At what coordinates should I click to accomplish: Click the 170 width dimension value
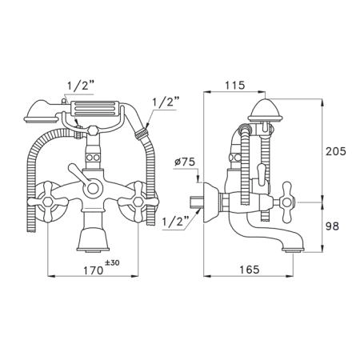click(x=94, y=270)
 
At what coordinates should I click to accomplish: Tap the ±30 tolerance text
click(x=112, y=262)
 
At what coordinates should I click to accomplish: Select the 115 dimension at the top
click(x=234, y=86)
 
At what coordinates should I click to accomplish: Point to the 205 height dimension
click(x=336, y=151)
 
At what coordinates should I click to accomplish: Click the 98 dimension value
click(x=332, y=226)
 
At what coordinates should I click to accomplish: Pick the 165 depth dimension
click(x=249, y=270)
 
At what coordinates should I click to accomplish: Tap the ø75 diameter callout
click(x=186, y=162)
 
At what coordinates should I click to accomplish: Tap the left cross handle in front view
click(x=48, y=202)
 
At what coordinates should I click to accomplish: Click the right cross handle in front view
click(x=138, y=202)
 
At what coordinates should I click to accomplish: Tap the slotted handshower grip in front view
click(x=94, y=109)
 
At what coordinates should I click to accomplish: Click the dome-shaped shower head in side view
click(x=266, y=110)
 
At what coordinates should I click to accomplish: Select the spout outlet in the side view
click(x=294, y=250)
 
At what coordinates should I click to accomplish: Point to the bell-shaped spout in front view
click(x=93, y=239)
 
